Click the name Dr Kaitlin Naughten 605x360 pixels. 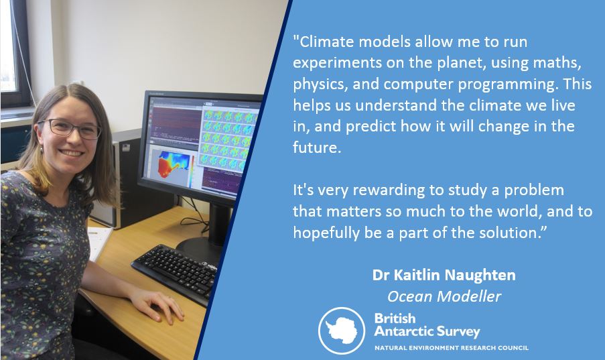(444, 275)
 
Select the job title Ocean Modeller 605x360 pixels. (444, 296)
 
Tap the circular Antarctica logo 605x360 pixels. (342, 331)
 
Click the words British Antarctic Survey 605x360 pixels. (427, 325)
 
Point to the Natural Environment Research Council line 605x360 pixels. (452, 348)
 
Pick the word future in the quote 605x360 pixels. (316, 147)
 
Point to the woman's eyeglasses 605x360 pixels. (70, 128)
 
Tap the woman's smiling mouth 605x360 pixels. (71, 153)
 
